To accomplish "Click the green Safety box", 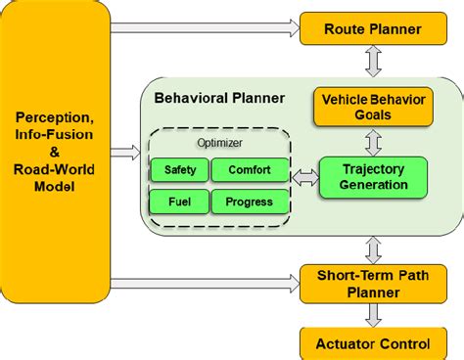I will tap(179, 170).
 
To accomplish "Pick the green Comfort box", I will tap(250, 170).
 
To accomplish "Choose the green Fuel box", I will tap(179, 202).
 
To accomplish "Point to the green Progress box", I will tap(250, 202).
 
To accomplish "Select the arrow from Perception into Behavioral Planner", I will tap(124, 152).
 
